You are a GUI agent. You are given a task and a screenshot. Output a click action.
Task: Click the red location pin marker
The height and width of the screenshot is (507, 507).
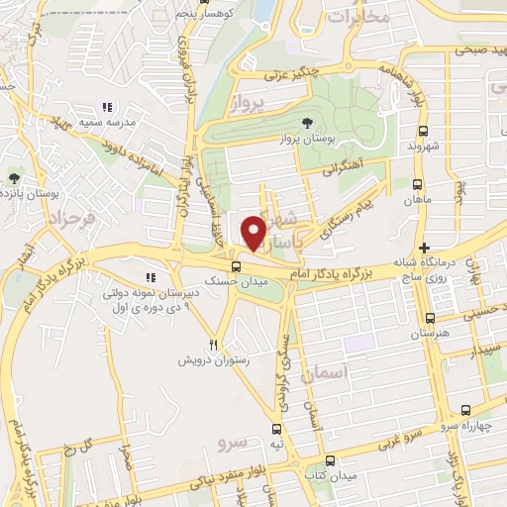[x=253, y=233]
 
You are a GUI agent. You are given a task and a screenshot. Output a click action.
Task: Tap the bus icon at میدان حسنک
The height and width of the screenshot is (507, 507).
[x=235, y=266]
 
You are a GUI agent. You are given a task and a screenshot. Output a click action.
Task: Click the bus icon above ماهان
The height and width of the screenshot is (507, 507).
[x=417, y=184]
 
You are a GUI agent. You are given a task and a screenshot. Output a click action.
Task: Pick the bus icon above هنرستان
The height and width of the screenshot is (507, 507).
[x=429, y=318]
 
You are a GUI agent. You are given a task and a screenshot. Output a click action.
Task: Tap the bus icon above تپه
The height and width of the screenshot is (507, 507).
[x=278, y=430]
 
